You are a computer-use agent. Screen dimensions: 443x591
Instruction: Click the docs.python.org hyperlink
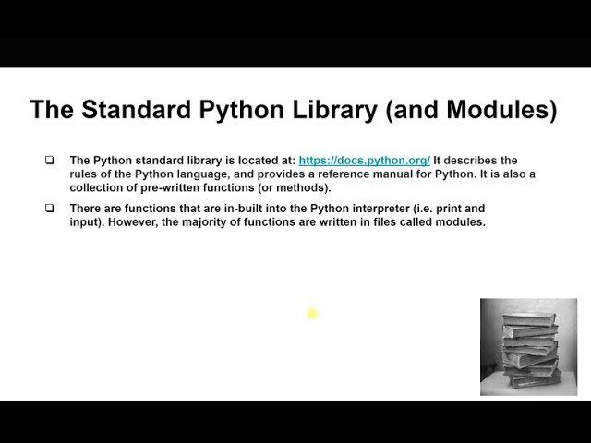(364, 161)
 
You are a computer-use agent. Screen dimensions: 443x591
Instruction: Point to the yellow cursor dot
(312, 314)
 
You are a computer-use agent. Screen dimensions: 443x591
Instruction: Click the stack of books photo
(528, 347)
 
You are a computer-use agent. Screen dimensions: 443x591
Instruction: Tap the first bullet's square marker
(50, 161)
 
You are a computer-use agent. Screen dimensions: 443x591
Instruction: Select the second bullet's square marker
(50, 209)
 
